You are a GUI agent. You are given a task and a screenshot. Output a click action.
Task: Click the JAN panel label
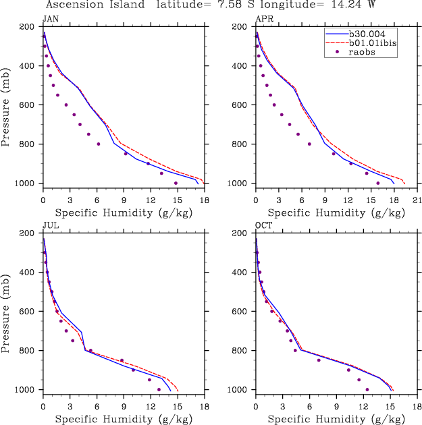pyautogui.click(x=49, y=19)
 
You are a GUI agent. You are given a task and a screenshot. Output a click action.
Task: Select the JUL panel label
pyautogui.click(x=49, y=225)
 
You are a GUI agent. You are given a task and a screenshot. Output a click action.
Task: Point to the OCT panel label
pyautogui.click(x=263, y=225)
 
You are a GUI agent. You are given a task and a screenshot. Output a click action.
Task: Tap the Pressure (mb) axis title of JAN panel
pyautogui.click(x=6, y=105)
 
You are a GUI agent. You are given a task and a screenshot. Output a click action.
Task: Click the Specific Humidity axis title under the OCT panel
pyautogui.click(x=335, y=419)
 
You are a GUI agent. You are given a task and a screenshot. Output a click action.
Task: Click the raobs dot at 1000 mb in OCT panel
pyautogui.click(x=367, y=389)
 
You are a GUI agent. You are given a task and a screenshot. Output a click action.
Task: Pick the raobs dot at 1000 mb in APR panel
pyautogui.click(x=378, y=183)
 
